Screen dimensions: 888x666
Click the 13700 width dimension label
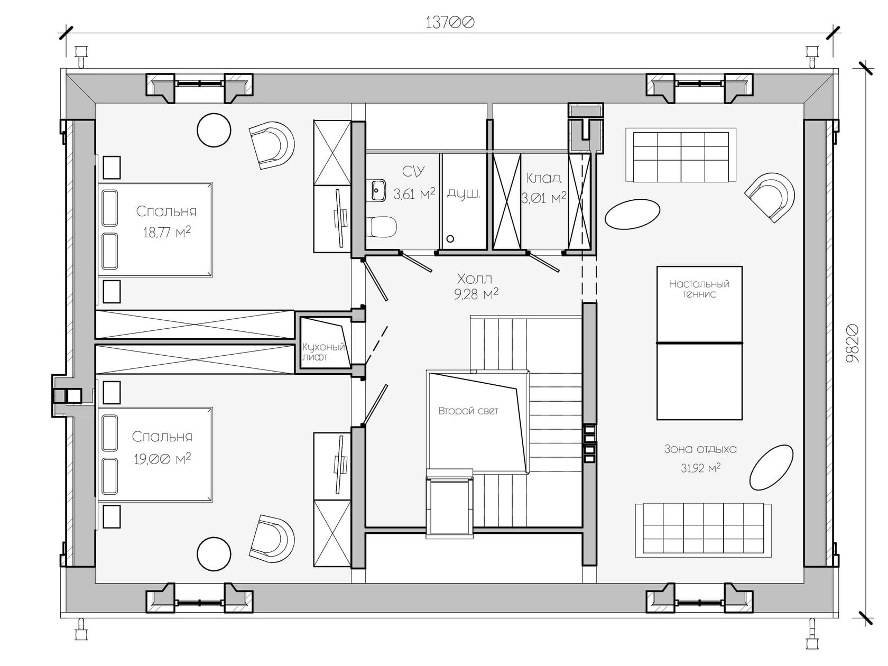[450, 23]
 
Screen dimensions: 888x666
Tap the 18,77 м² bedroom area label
[166, 232]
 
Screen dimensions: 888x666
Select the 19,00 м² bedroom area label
[162, 459]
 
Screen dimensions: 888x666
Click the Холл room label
[475, 279]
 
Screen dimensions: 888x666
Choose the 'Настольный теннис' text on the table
[699, 289]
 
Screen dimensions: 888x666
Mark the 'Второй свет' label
[468, 411]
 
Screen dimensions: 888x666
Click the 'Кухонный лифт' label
[323, 352]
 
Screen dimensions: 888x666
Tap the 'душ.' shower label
[464, 193]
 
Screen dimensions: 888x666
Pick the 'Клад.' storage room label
[544, 178]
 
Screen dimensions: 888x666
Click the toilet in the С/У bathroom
[382, 226]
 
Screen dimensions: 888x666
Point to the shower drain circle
[450, 238]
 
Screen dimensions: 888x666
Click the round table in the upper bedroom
[214, 130]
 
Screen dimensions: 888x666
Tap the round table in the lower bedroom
[214, 553]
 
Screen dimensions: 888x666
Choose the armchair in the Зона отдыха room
[770, 197]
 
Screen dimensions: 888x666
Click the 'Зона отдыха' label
[700, 449]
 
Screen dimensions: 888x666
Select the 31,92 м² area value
[700, 468]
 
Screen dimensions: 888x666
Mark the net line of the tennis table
[699, 343]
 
